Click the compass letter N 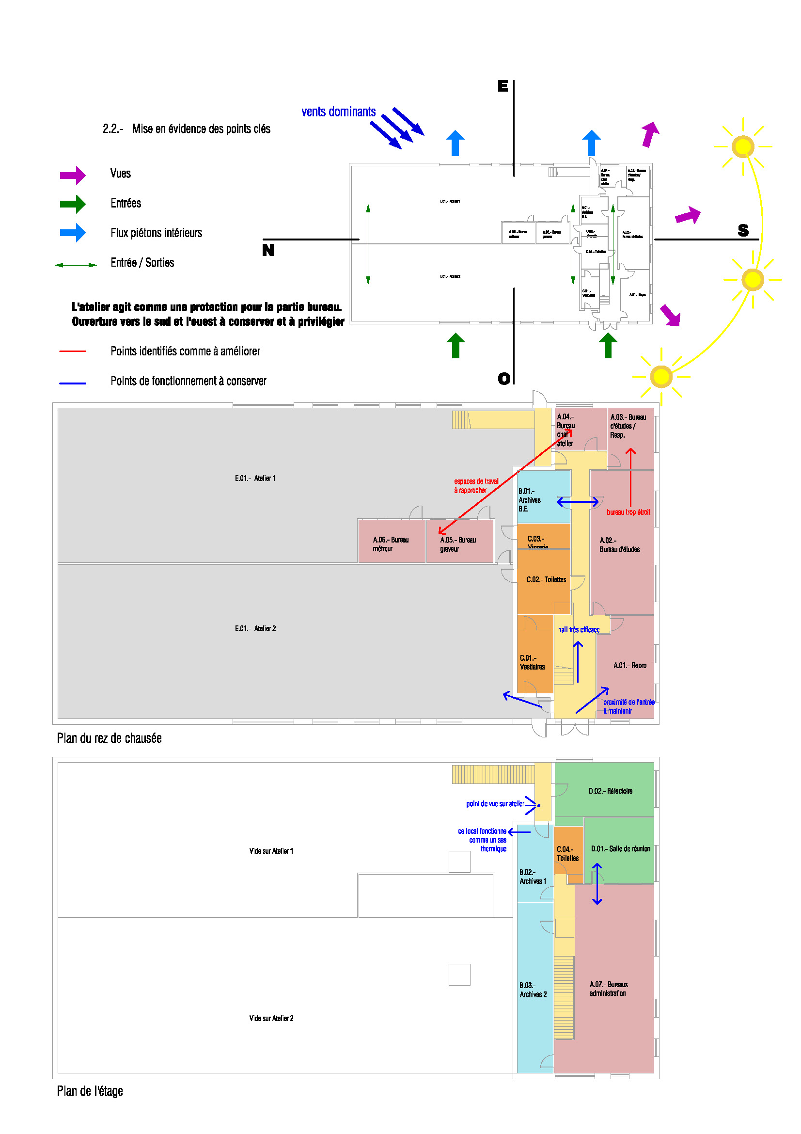point(268,250)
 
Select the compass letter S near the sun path point(743,230)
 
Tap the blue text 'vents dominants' point(339,112)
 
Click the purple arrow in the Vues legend point(73,175)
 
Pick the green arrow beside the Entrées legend point(73,204)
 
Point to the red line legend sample point(73,351)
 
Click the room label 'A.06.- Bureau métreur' point(391,544)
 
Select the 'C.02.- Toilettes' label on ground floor point(546,580)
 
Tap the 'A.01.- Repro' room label point(630,666)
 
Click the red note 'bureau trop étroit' point(628,512)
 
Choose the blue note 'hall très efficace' point(579,630)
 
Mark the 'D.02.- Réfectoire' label point(610,791)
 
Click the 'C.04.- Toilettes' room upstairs point(567,854)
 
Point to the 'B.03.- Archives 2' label point(533,990)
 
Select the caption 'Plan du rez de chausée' point(109,738)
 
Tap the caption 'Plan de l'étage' point(90,1091)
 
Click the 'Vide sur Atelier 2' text point(271,1019)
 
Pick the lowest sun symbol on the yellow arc point(661,377)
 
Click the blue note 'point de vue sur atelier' point(495,804)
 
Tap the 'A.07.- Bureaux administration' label point(608,989)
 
